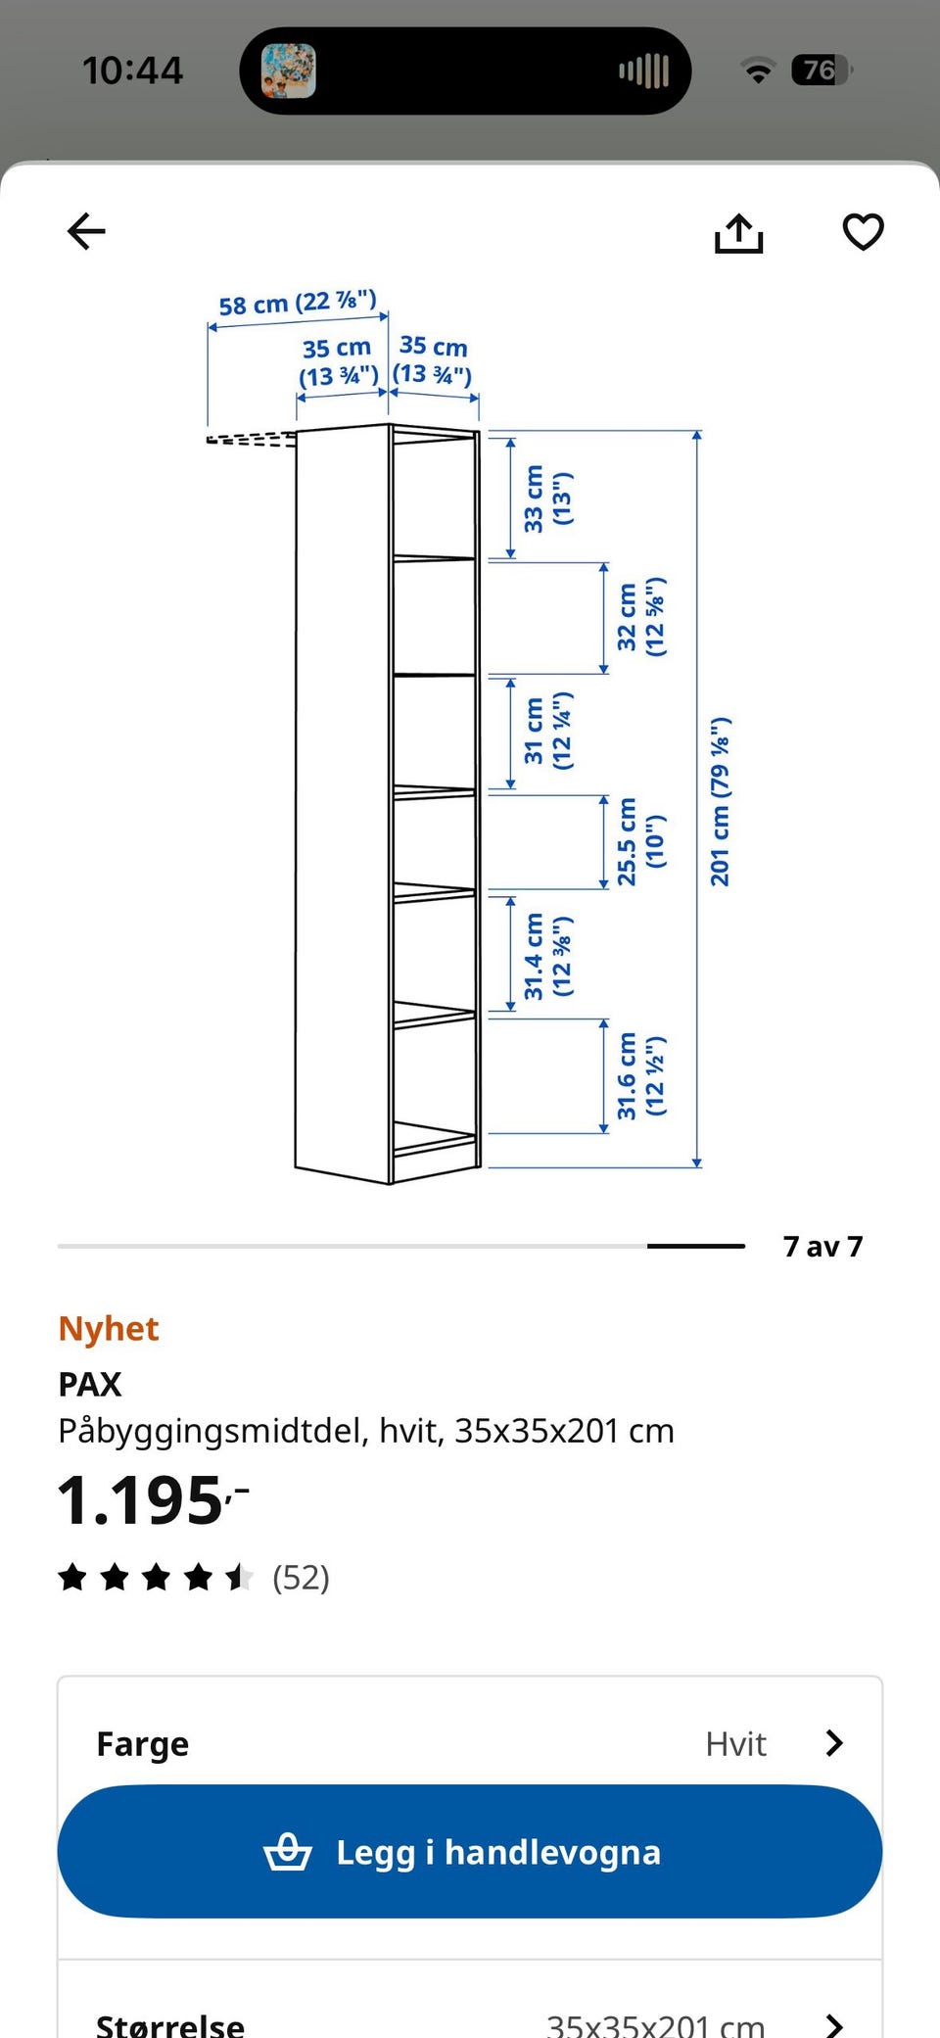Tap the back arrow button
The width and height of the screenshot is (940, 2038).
point(86,232)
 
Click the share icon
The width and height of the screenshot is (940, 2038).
point(738,233)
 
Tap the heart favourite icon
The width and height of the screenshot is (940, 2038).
point(863,232)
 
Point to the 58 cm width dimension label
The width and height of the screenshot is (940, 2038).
point(298,304)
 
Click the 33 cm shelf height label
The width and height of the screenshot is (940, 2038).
point(547,498)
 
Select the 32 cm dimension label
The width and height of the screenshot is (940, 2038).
point(640,617)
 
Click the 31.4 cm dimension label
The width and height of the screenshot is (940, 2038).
point(547,957)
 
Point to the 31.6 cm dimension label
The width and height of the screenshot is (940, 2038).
point(640,1075)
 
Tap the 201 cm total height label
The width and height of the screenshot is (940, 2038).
point(720,802)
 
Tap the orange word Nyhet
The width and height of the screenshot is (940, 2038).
point(109,1329)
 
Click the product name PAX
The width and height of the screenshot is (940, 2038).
point(90,1384)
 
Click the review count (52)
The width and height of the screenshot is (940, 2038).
point(301,1578)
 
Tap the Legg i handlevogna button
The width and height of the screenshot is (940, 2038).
point(470,1852)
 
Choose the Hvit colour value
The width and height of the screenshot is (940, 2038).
point(735,1744)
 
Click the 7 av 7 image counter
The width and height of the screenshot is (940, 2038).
point(822,1247)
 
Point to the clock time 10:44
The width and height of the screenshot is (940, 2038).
point(133,71)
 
